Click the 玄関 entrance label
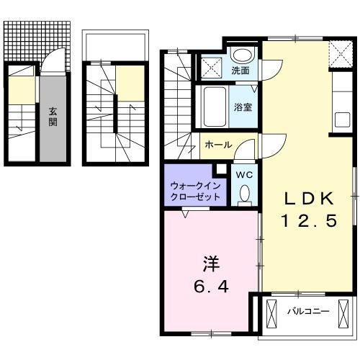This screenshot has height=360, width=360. click(53, 116)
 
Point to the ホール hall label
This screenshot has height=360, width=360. click(218, 145)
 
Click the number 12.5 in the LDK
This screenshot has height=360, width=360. click(308, 222)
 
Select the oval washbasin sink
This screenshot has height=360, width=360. click(243, 55)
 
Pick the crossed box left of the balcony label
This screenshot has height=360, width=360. click(271, 313)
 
